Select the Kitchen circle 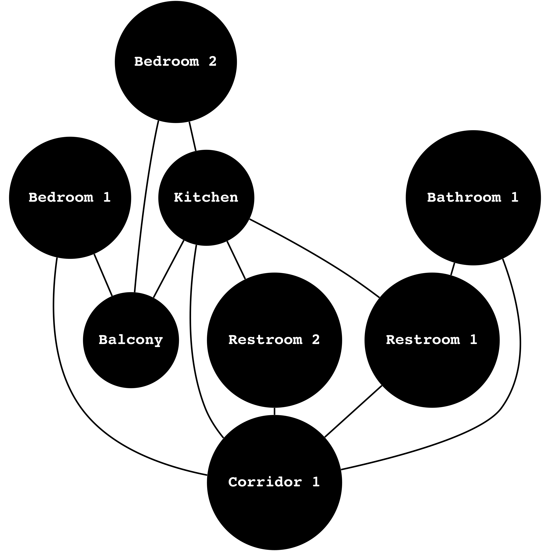(x=206, y=217)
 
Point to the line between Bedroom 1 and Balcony (x=103, y=274)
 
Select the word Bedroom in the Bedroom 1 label (x=61, y=197)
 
